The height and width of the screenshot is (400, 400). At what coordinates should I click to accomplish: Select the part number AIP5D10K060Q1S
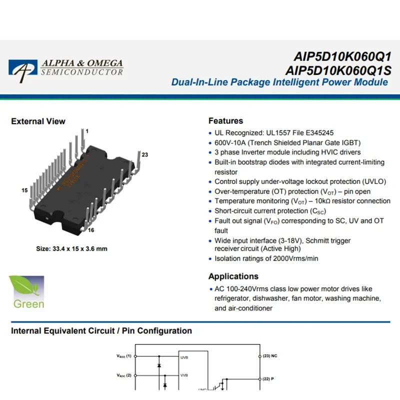338,69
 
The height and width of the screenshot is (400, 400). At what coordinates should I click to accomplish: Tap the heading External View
38,121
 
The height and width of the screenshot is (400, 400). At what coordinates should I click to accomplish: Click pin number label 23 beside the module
145,154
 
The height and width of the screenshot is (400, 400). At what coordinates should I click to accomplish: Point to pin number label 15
24,190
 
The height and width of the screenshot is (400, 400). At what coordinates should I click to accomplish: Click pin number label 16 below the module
91,230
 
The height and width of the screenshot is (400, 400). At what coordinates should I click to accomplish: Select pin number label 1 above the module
86,131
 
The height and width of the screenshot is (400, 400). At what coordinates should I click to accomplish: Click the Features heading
225,121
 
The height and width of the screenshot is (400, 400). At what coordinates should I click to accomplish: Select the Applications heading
233,276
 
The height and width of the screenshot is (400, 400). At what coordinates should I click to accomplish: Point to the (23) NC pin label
270,356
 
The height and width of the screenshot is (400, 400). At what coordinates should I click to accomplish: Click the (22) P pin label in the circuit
268,378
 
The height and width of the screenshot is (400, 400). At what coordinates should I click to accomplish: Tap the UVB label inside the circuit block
184,357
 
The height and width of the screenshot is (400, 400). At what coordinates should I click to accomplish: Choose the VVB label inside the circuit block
184,375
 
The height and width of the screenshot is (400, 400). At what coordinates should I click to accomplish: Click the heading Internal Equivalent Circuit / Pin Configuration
101,331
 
